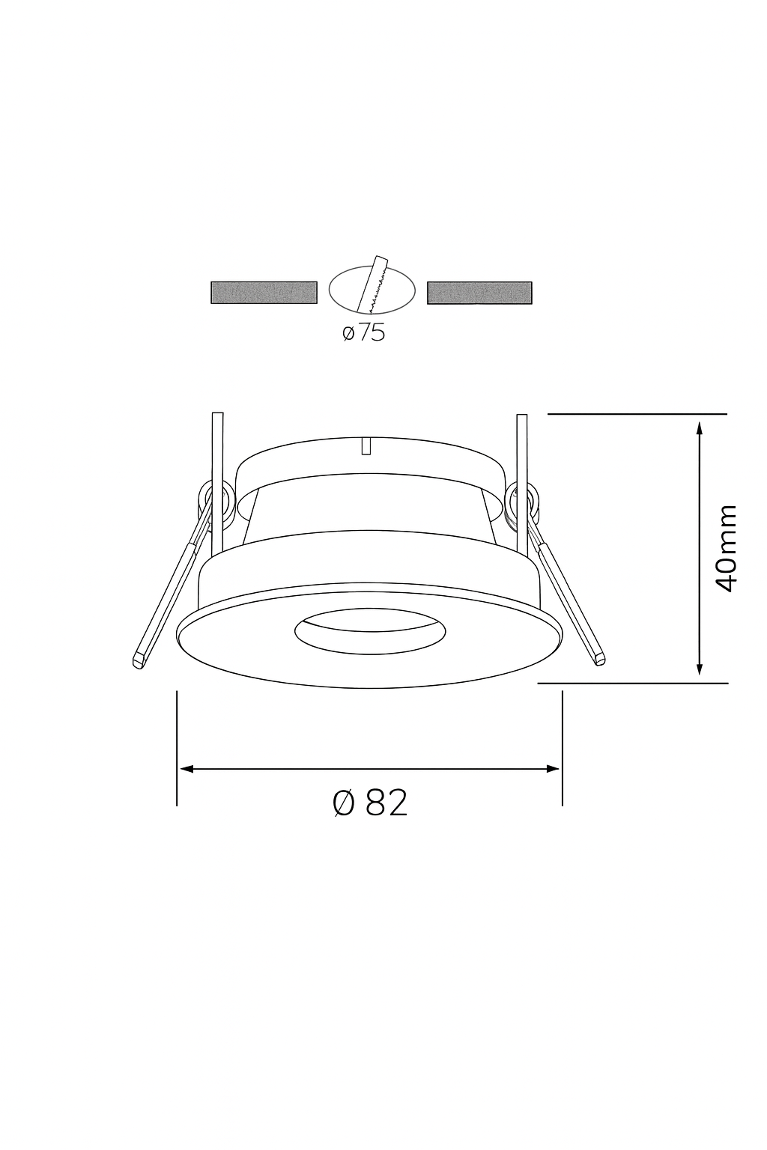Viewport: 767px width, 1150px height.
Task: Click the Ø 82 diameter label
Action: tap(370, 803)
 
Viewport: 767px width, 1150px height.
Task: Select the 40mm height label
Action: tap(726, 548)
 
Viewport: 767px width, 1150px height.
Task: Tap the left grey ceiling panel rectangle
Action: tap(264, 293)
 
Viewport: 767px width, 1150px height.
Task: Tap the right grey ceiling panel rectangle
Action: tap(479, 293)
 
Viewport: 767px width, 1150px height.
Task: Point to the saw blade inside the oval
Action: tap(373, 285)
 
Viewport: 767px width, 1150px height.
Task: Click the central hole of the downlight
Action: tap(370, 631)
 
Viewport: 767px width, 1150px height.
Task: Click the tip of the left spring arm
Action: tap(138, 661)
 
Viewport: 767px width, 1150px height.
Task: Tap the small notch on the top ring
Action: tap(366, 446)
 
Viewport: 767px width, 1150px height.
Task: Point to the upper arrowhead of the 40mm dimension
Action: tap(699, 428)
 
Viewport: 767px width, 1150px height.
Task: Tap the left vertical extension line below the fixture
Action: tap(177, 749)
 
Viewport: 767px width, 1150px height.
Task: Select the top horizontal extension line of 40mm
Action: tap(637, 413)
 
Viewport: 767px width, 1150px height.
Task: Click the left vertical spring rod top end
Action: tap(218, 416)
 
